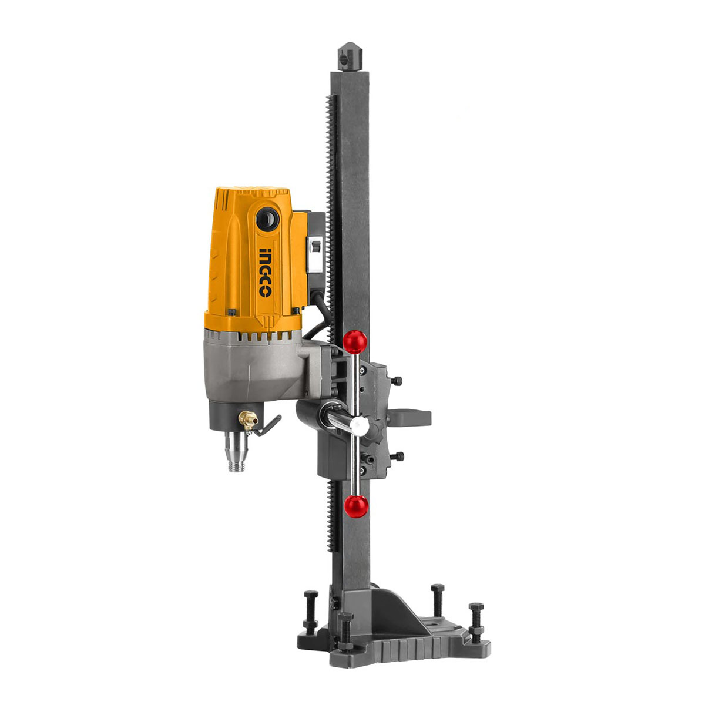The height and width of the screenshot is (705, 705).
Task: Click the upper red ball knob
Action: (x=355, y=341)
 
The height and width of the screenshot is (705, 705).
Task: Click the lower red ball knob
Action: (x=355, y=506)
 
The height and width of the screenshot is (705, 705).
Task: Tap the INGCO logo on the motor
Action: (x=265, y=273)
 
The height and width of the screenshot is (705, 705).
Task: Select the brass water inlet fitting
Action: (x=248, y=419)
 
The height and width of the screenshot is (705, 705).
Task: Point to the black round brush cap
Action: (x=267, y=219)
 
